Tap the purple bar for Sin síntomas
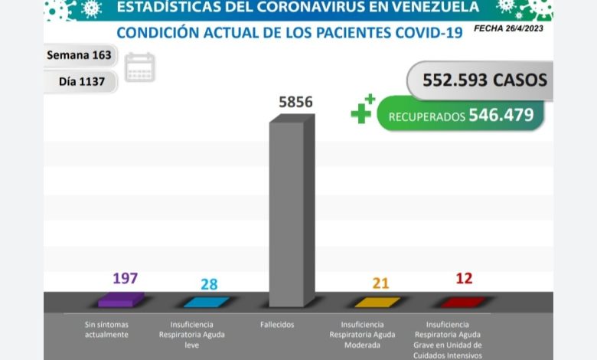point(120,299)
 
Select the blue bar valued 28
point(206,301)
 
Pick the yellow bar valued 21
point(377,301)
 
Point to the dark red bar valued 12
point(462,301)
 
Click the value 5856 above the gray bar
point(295,101)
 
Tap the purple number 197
point(125,277)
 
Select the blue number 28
point(209,284)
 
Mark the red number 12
point(464,277)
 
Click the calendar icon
point(140,67)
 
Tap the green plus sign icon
point(363,110)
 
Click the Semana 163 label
point(79,55)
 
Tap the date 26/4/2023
point(528,28)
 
